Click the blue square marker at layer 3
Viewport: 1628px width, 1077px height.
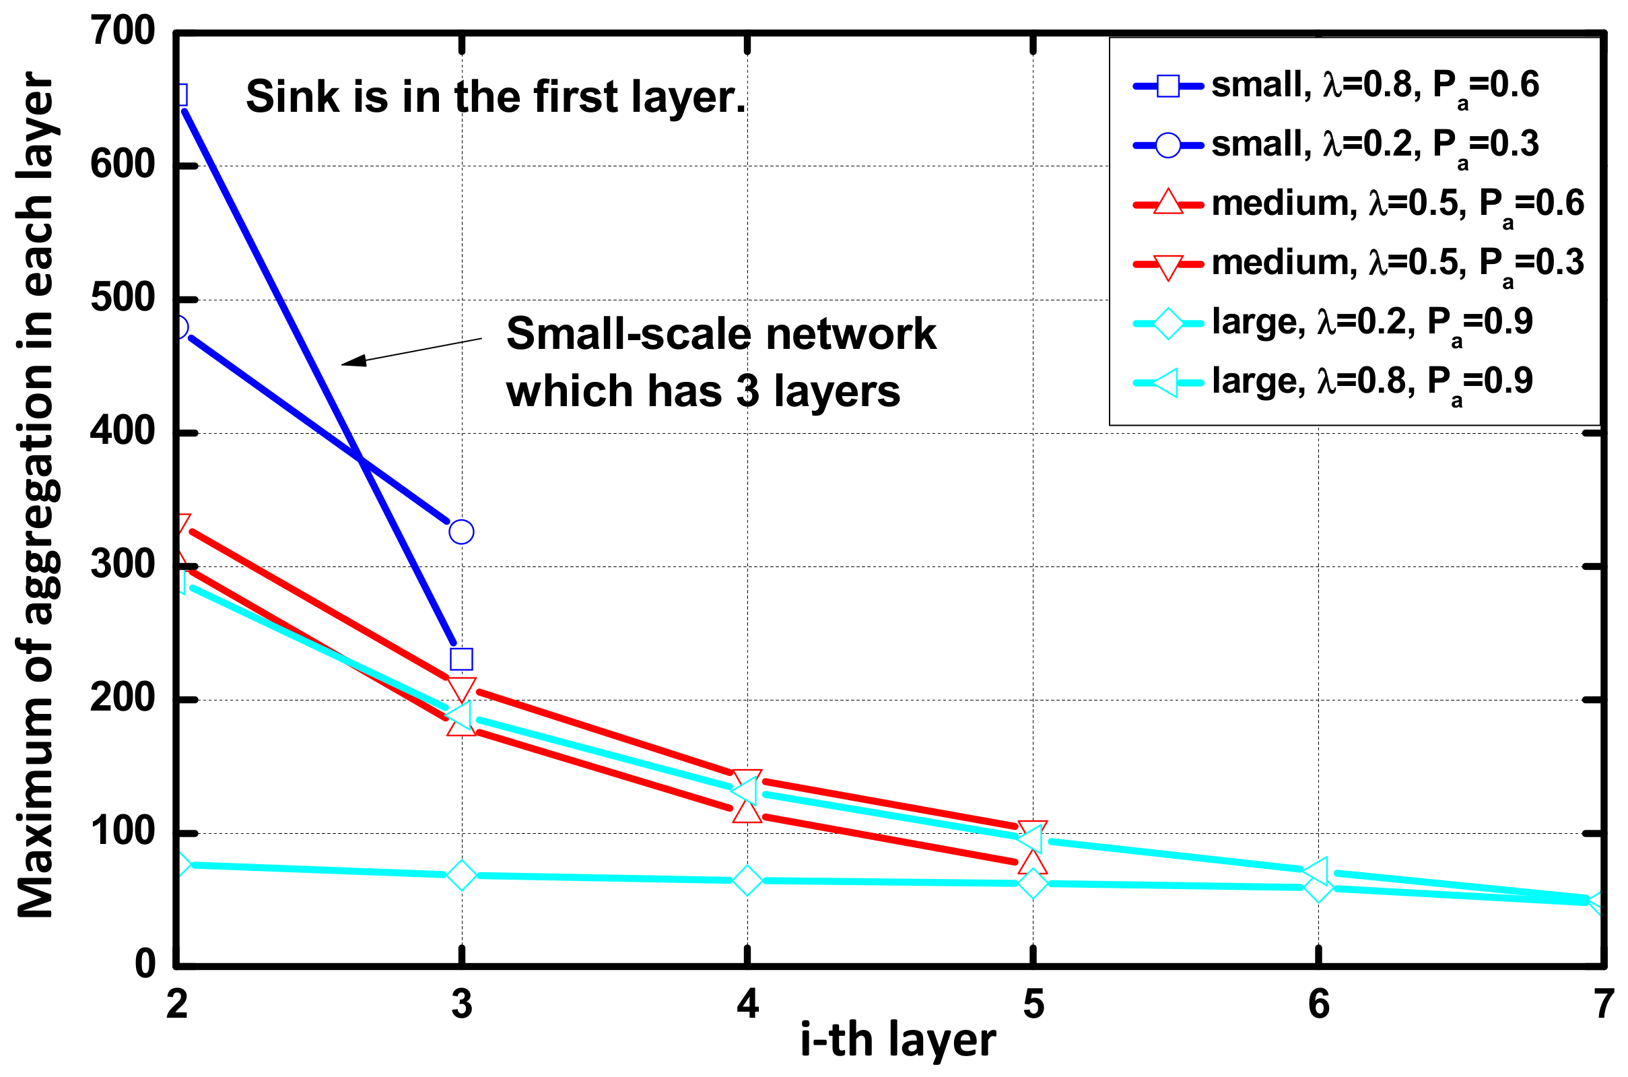coord(461,659)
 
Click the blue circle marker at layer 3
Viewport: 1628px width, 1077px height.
coord(461,531)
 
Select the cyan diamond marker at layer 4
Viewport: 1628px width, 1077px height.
coord(747,880)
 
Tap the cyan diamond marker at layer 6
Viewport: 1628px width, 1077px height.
coord(1318,888)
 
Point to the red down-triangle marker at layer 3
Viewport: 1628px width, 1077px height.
coord(461,688)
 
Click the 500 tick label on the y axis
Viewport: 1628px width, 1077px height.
coord(124,298)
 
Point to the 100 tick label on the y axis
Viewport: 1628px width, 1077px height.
coord(124,831)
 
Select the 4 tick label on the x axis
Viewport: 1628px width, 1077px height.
coord(747,1004)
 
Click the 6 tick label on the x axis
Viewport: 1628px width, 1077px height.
coord(1318,1004)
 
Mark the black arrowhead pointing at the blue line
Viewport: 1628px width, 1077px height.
coord(353,360)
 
